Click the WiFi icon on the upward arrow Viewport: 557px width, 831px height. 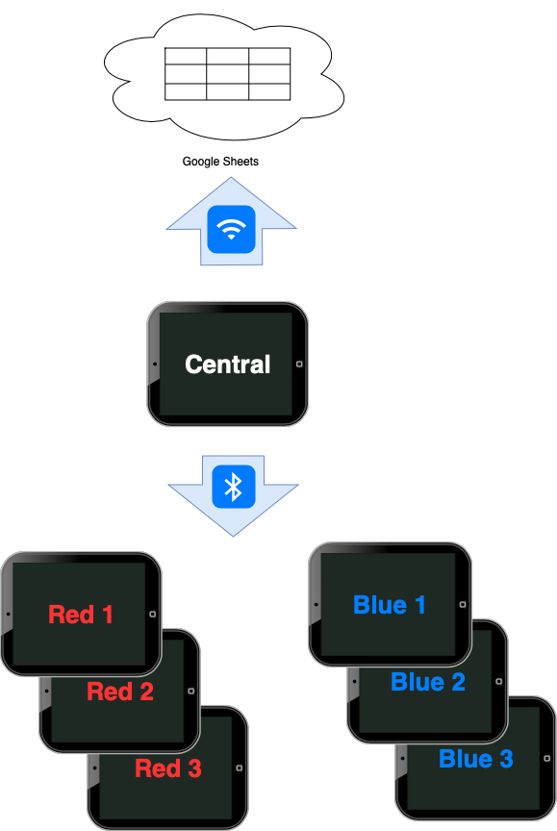point(231,229)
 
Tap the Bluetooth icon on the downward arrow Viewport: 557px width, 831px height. point(233,487)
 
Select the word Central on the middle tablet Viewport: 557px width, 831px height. point(227,365)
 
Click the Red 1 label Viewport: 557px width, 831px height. point(81,615)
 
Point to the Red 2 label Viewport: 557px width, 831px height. point(120,692)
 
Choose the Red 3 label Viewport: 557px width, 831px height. point(168,768)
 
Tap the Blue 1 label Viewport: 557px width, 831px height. point(390,605)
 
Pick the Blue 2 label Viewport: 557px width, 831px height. point(428,682)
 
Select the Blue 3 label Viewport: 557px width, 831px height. point(476,759)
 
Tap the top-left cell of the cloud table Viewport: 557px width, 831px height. point(186,56)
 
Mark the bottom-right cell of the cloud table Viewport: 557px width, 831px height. point(269,91)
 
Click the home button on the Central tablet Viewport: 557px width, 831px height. point(299,365)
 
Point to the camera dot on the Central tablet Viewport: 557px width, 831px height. point(155,365)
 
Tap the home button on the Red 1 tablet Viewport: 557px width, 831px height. point(153,614)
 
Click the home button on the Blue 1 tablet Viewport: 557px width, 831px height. point(463,604)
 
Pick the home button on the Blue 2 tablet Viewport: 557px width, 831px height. point(501,681)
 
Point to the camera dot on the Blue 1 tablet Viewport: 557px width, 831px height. point(316,604)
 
